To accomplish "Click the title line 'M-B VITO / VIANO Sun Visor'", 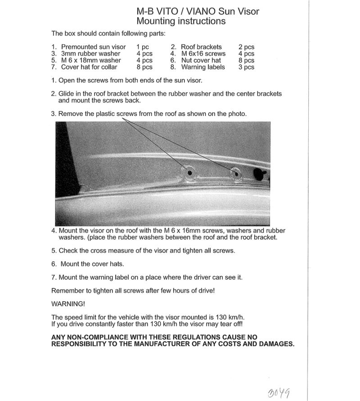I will pyautogui.click(x=198, y=11).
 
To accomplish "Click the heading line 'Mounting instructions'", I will pyautogui.click(x=181, y=21).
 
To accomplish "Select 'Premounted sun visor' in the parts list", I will pyautogui.click(x=93, y=47).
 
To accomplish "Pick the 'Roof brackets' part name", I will pyautogui.click(x=201, y=47).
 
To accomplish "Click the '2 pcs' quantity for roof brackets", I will pyautogui.click(x=246, y=47).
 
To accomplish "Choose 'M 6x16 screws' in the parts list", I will pyautogui.click(x=203, y=53).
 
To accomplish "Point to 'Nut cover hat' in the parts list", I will pyautogui.click(x=201, y=60).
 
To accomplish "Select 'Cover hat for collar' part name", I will pyautogui.click(x=89, y=67).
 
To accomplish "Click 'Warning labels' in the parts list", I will pyautogui.click(x=203, y=67).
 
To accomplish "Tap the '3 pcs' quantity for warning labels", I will pyautogui.click(x=246, y=67).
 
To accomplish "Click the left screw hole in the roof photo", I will pyautogui.click(x=189, y=173).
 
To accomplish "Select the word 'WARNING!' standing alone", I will pyautogui.click(x=68, y=304).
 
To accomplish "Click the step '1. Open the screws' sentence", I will pyautogui.click(x=127, y=80).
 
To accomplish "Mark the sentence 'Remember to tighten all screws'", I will pyautogui.click(x=133, y=290).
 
